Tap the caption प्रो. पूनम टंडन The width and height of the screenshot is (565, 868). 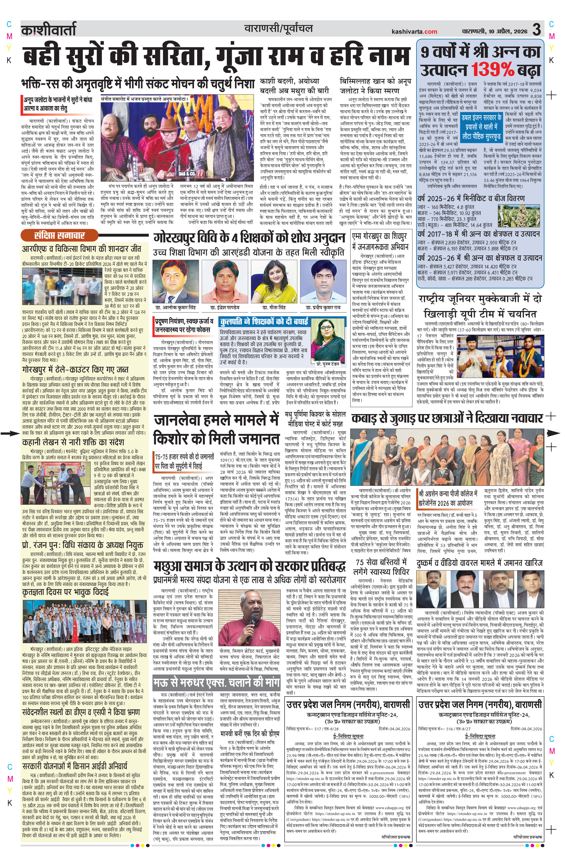point(327,364)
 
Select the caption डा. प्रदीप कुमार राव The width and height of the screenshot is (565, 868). point(323,307)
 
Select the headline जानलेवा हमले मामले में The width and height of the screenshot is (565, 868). point(216,420)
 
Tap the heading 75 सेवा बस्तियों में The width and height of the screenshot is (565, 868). point(381,562)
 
